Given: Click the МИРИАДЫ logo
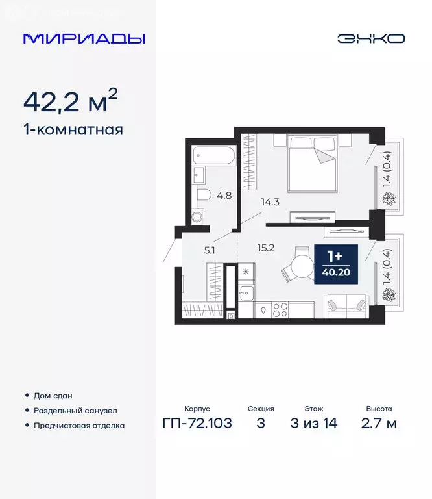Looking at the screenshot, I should (84, 38).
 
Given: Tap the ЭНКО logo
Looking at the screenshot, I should (370, 38).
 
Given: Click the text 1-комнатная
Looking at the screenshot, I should (73, 129).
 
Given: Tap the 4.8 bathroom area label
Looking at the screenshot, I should (224, 194).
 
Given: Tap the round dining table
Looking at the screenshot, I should (302, 266).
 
